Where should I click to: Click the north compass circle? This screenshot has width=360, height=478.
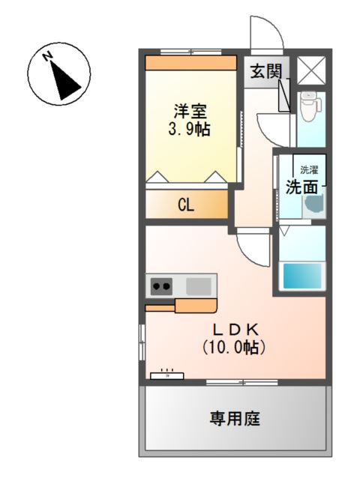[59, 76]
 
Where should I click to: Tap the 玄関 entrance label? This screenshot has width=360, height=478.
[265, 73]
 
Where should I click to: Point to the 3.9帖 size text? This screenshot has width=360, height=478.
[189, 129]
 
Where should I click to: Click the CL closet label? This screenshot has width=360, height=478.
[186, 205]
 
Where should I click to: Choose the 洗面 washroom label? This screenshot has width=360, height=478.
[301, 187]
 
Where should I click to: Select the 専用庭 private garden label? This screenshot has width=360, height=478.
[235, 419]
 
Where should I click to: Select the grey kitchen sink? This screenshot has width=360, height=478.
[199, 285]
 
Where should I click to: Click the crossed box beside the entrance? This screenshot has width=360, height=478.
[310, 70]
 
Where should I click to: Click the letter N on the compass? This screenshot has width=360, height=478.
[47, 57]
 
